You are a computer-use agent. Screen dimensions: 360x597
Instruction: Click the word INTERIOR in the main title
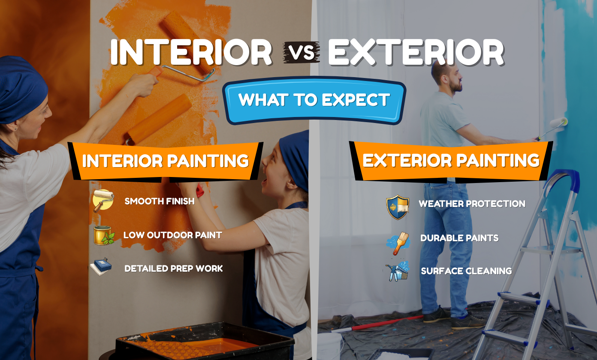click(191, 53)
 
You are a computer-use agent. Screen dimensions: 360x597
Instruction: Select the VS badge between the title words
click(301, 53)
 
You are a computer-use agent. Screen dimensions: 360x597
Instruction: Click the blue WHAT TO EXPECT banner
click(314, 100)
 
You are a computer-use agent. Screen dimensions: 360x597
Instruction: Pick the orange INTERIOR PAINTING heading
click(166, 161)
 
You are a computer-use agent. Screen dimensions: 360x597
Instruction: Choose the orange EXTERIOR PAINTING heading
click(451, 160)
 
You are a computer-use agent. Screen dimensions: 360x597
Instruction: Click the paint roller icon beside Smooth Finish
click(103, 201)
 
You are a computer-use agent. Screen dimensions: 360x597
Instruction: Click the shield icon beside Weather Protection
click(398, 207)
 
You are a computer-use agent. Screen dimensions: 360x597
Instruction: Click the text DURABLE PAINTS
click(459, 238)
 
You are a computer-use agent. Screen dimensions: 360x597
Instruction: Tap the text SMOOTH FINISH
click(160, 201)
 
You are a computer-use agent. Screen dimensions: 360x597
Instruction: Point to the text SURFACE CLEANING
click(466, 271)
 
